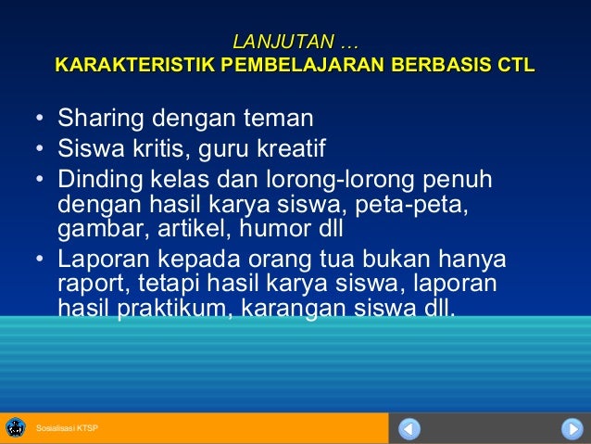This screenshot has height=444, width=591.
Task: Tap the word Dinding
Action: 99,177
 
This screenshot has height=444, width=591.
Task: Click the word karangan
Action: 287,307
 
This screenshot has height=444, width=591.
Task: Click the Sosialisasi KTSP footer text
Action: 67,428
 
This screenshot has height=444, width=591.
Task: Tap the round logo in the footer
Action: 15,427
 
